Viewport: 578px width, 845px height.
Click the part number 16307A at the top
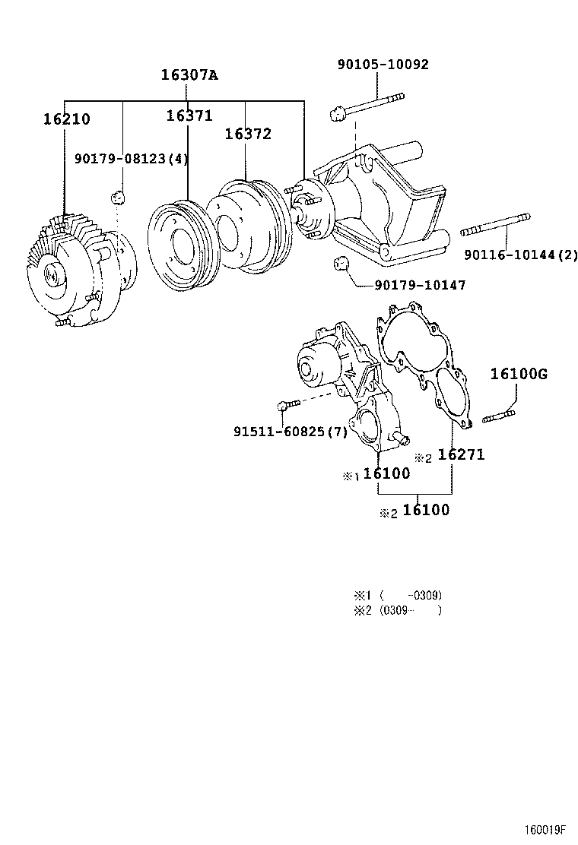tap(189, 74)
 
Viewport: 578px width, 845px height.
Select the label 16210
tap(66, 119)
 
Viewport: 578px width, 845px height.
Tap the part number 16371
tap(189, 116)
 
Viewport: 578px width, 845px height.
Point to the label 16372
tap(248, 134)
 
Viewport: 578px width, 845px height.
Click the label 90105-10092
tap(383, 65)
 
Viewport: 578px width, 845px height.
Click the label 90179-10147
tap(420, 285)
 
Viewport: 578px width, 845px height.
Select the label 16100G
tap(519, 374)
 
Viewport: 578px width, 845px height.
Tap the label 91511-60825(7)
tap(290, 432)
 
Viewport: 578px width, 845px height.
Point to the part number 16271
tap(461, 454)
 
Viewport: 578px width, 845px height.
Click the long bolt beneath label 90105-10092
tap(368, 106)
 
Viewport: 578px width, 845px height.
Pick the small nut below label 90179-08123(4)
tap(117, 198)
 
